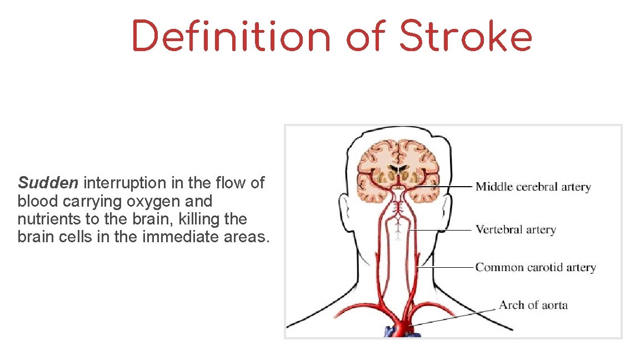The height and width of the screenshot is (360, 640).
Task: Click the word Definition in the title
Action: pos(231,37)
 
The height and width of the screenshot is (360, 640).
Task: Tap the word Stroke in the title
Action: pos(466,37)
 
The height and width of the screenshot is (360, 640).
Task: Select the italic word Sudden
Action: pos(49,183)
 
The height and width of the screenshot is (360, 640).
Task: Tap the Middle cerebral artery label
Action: pos(533,187)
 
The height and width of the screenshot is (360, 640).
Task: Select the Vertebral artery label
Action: pos(515,229)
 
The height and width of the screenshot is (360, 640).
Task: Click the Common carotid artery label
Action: pos(535,267)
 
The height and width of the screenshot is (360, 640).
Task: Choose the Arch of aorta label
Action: pos(533,305)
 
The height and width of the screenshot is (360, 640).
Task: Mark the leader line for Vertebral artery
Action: pos(442,229)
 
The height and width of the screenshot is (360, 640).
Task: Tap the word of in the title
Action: pos(364,37)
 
